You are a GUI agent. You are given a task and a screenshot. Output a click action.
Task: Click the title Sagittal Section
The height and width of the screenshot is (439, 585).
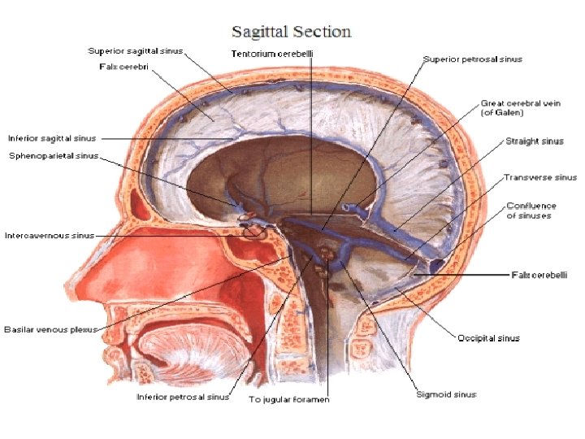tap(292, 33)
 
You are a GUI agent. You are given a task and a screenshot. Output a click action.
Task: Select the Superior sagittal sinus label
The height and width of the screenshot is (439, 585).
tap(136, 51)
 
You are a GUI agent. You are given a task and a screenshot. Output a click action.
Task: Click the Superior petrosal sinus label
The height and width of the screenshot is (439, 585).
tap(472, 59)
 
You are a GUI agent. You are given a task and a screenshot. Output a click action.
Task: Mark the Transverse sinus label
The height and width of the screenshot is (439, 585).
tap(539, 177)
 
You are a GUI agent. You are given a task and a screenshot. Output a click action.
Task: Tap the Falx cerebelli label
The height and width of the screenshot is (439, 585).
tap(539, 275)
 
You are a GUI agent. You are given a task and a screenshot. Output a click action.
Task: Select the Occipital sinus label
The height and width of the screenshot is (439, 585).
tap(488, 337)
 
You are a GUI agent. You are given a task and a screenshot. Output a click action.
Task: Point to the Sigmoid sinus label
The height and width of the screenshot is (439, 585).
tap(448, 394)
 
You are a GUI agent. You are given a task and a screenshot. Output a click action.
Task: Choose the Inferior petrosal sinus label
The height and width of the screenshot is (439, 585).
tap(182, 398)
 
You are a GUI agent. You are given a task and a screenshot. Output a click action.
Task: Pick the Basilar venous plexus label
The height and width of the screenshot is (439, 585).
tap(50, 329)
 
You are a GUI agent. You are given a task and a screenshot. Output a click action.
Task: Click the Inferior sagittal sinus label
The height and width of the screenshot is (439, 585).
tap(51, 138)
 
